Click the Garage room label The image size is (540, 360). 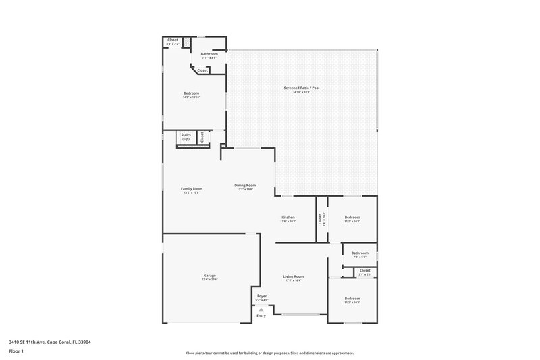(x=210, y=276)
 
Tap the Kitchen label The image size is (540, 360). (x=288, y=217)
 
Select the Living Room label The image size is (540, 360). (x=293, y=276)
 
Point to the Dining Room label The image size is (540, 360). (x=245, y=186)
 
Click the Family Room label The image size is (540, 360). (x=192, y=189)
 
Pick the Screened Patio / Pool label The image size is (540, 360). (x=301, y=88)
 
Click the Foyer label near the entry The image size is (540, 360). (x=262, y=297)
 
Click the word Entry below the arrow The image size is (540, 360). (x=261, y=315)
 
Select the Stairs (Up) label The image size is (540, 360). (x=186, y=136)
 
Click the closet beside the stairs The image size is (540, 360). (x=202, y=137)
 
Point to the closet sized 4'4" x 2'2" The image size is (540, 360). (x=173, y=41)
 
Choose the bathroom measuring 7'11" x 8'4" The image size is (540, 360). (x=209, y=55)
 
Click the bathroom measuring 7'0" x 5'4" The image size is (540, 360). (x=359, y=254)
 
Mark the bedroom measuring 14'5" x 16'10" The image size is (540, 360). (x=191, y=94)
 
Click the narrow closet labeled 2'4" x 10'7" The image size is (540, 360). (x=321, y=219)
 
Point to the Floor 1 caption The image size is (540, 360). (x=17, y=352)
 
